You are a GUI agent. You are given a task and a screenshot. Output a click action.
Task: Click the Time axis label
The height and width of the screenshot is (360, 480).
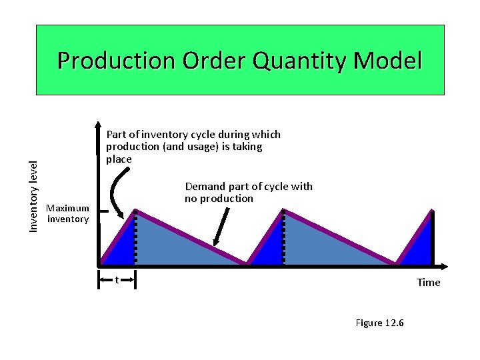(x=428, y=283)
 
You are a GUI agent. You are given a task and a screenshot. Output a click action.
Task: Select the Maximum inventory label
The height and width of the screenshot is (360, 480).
(x=67, y=213)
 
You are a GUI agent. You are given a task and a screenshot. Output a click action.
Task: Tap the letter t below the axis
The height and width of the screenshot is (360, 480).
(x=117, y=279)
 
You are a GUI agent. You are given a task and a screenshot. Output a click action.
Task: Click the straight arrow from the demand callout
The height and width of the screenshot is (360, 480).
(x=220, y=227)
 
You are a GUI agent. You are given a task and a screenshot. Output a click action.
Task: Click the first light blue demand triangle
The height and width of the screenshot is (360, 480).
(x=173, y=243)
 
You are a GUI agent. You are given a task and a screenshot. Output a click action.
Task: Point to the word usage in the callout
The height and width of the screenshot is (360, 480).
(x=206, y=147)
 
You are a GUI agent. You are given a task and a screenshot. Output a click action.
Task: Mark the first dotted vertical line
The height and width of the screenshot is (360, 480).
(x=136, y=237)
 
